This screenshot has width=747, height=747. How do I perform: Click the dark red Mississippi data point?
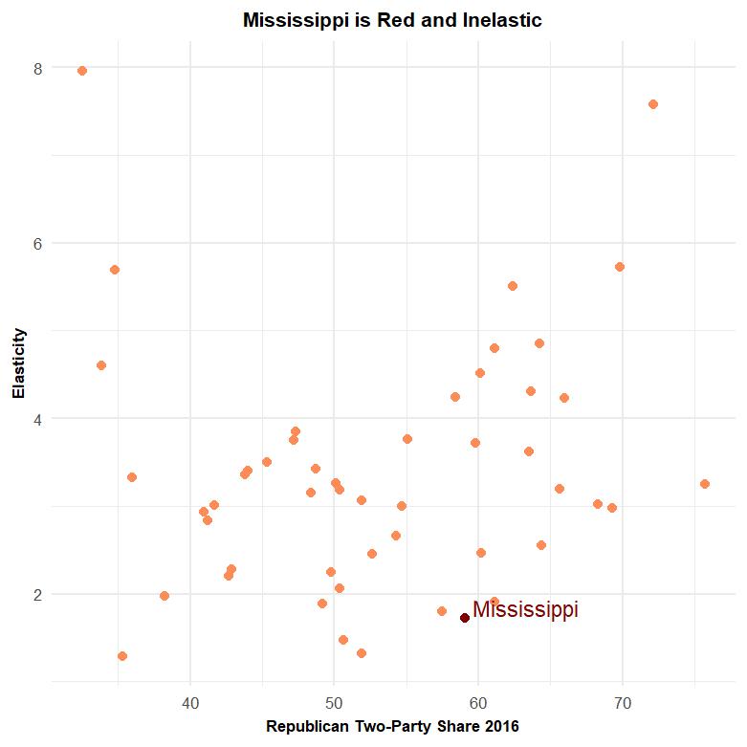point(465,618)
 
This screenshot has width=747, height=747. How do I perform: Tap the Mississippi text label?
point(525,610)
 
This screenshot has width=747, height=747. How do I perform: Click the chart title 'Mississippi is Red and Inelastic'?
point(392,20)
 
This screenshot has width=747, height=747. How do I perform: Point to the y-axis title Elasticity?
point(17,364)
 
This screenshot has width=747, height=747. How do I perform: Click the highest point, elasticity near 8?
point(82,71)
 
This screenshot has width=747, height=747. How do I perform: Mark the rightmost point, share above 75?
point(705,484)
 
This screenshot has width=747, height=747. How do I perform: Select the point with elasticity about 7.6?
point(653,104)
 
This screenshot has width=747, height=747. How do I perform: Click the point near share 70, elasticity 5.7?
point(620,267)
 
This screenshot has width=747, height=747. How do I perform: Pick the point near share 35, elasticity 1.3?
point(122,656)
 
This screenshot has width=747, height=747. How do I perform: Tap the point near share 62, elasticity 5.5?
point(513,286)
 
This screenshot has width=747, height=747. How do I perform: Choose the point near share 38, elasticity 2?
point(165,596)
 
